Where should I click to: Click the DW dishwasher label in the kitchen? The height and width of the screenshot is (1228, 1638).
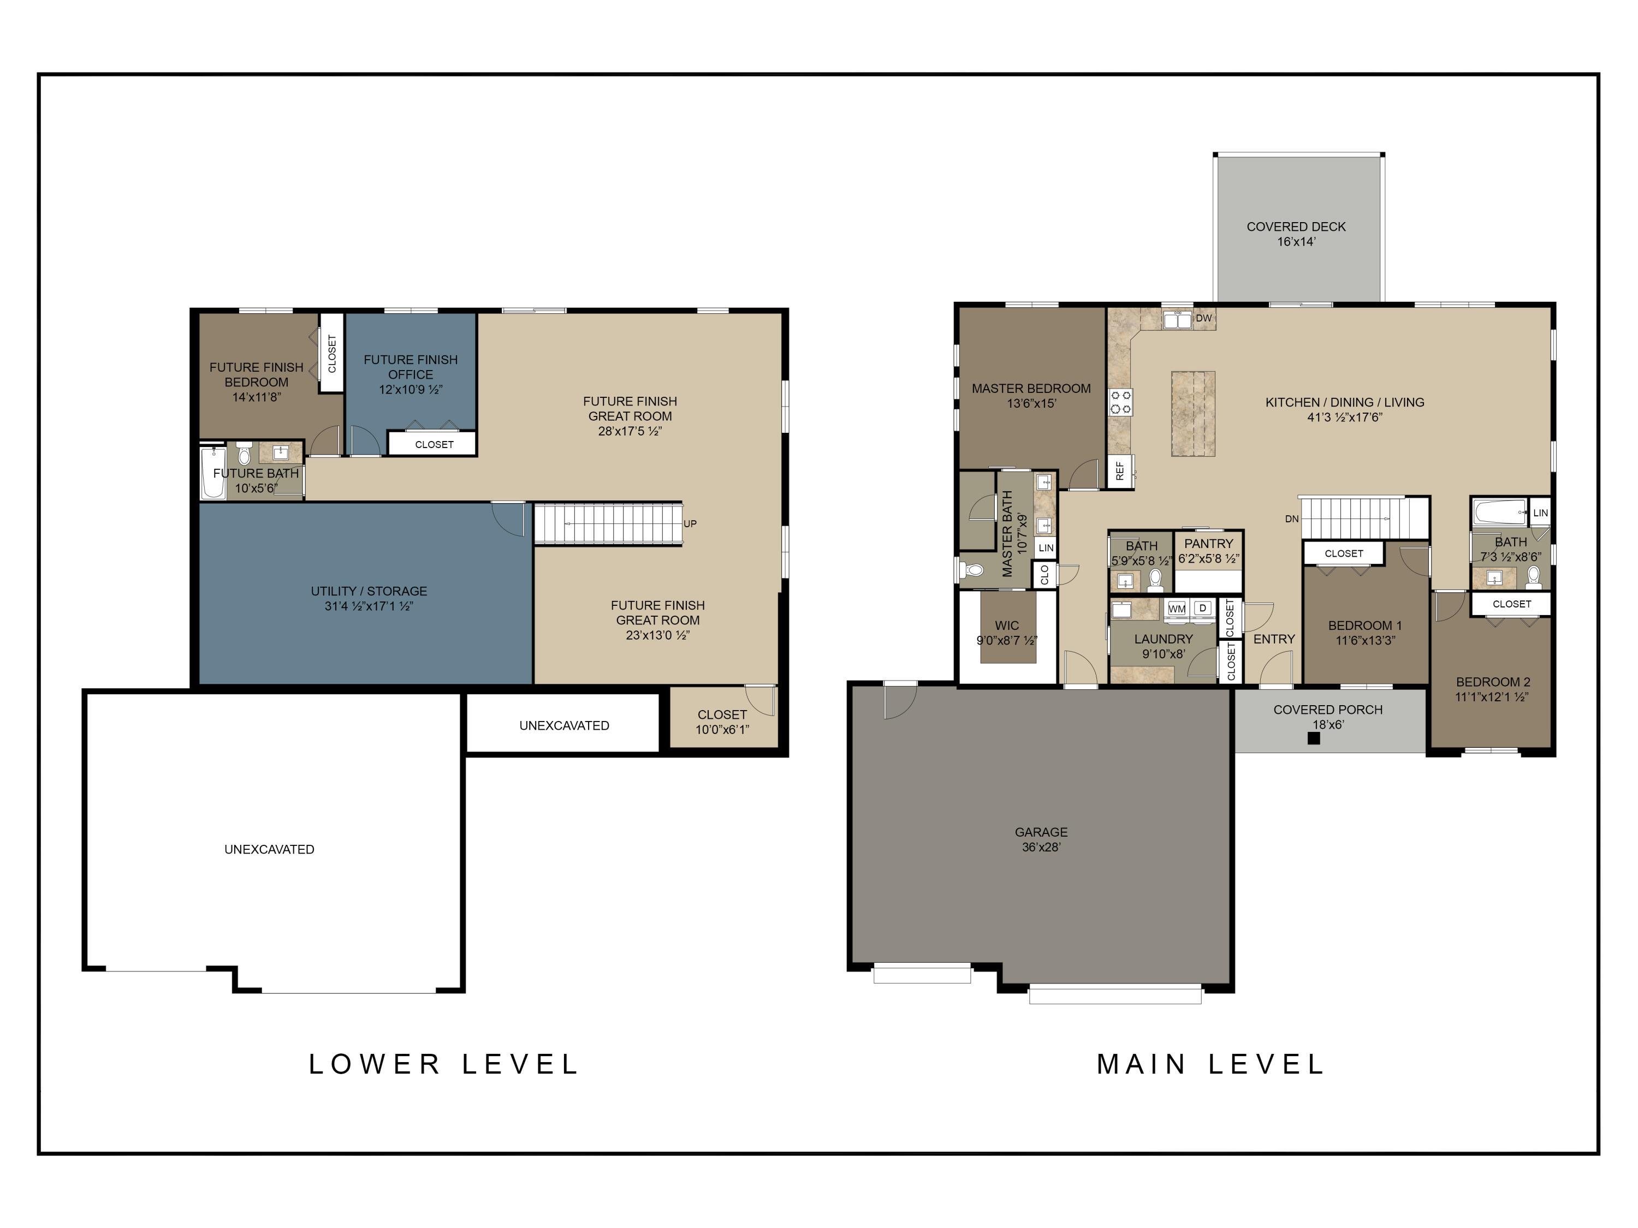point(1203,318)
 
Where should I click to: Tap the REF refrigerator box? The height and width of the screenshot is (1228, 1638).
point(1120,471)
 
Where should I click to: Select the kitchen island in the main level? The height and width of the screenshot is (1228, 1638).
point(1193,414)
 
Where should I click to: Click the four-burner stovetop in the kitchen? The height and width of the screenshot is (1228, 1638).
point(1120,401)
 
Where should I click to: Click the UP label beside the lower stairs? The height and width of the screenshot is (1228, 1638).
point(690,523)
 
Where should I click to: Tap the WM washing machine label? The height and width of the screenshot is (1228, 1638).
point(1177,609)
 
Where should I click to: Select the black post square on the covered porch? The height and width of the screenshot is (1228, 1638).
point(1314,738)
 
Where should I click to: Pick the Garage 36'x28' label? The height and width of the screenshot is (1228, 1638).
point(1041,839)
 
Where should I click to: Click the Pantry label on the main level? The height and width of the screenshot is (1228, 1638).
point(1208,543)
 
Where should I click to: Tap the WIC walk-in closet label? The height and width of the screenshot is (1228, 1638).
point(1006,625)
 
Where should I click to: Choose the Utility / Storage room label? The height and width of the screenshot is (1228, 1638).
point(369,591)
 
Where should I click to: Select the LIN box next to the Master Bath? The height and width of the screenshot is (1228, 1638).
point(1046,548)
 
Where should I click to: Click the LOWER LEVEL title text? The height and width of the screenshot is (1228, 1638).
point(443,1064)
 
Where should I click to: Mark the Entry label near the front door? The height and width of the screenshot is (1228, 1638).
point(1274,639)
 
